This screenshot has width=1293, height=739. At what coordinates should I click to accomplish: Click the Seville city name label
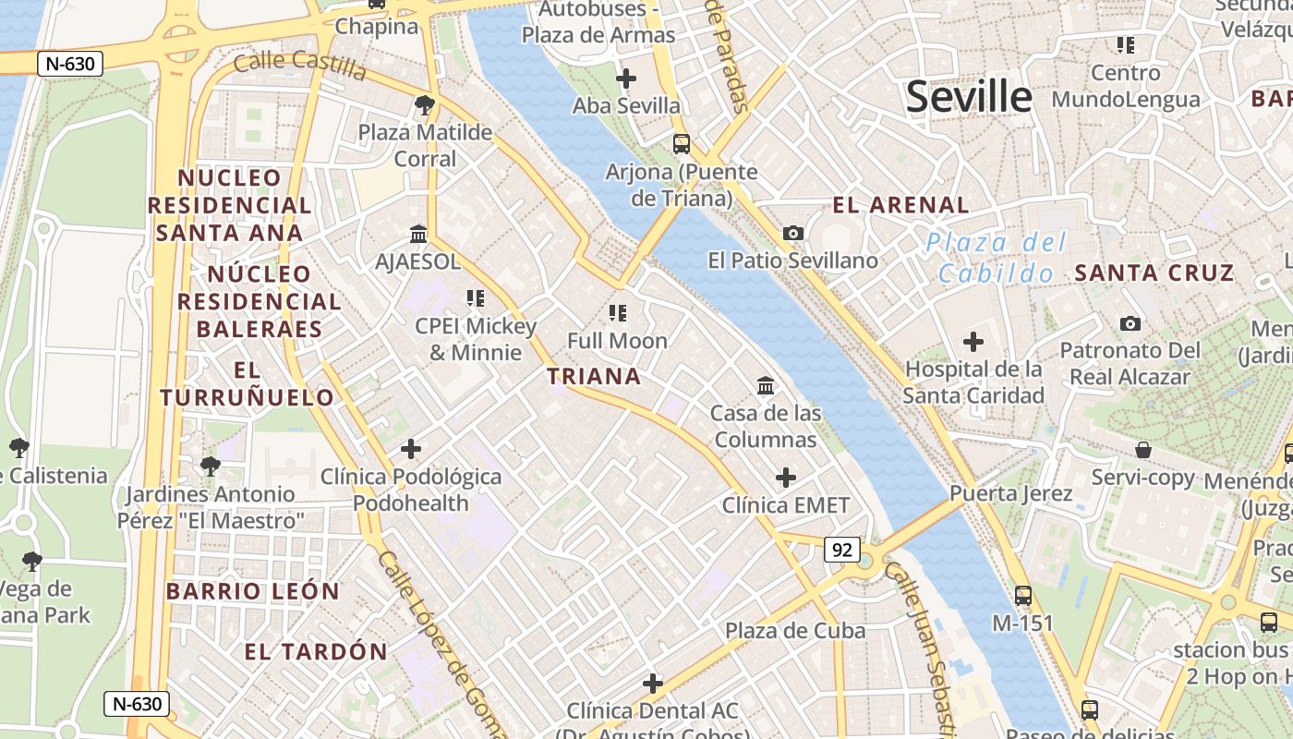click(x=968, y=96)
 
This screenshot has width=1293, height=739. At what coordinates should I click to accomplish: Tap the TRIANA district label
click(x=594, y=376)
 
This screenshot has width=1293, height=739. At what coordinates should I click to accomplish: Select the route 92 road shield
click(x=841, y=551)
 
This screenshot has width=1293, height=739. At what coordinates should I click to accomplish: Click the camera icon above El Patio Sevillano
click(x=793, y=233)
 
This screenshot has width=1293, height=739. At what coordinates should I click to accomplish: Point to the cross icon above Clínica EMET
click(x=786, y=478)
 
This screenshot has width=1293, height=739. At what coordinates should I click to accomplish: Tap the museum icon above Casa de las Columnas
click(x=766, y=385)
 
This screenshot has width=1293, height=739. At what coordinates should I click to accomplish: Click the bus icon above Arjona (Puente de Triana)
click(x=682, y=144)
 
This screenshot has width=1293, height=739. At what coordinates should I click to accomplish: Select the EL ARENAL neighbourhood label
click(x=900, y=205)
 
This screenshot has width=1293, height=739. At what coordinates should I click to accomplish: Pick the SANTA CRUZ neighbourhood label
click(x=1154, y=273)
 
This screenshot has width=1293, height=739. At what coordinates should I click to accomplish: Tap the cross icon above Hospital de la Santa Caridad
click(x=973, y=343)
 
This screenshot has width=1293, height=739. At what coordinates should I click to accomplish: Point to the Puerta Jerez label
click(x=1011, y=492)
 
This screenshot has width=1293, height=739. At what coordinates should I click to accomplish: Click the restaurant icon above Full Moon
click(x=617, y=313)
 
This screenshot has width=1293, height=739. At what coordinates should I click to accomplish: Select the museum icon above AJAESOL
click(x=418, y=234)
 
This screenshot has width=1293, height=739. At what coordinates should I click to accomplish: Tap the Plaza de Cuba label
click(x=794, y=631)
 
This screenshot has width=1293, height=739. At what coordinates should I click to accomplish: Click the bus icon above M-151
click(x=1022, y=596)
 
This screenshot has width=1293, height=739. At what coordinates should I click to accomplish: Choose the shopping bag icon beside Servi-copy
click(x=1143, y=450)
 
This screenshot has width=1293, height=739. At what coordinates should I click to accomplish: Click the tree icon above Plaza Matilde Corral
click(x=425, y=105)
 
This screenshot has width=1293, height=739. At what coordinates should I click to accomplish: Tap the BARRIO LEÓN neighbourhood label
click(x=253, y=591)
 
